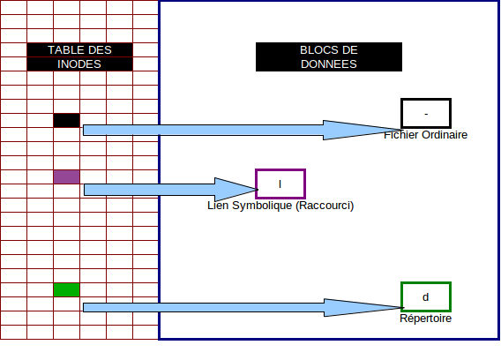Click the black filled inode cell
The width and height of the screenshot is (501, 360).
point(66,120)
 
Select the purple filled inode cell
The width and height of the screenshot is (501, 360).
point(66,176)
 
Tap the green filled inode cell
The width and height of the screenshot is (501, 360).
point(66,289)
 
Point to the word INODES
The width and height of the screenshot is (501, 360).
point(79,64)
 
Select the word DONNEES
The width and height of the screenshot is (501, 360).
point(329,64)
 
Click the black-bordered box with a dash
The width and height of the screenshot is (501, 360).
point(426,100)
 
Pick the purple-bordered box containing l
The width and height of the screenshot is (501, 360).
point(280,170)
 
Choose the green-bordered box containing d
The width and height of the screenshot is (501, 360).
point(426,283)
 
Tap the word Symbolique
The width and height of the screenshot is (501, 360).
point(262,206)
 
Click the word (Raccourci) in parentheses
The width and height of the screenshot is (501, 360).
point(325,206)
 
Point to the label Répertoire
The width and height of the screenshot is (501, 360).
point(426,319)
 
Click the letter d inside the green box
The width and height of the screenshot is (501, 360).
point(426,297)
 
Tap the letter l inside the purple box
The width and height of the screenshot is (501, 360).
point(280,184)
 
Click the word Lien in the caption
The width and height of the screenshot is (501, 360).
point(218,206)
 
